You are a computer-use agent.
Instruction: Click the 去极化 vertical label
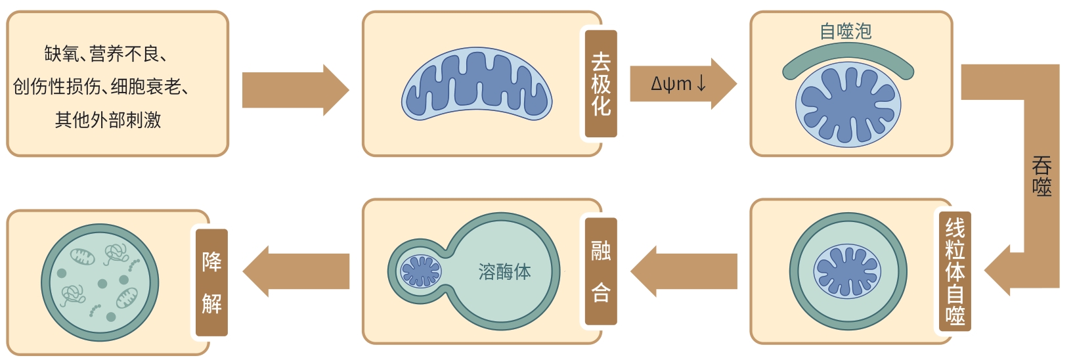pos(601,83)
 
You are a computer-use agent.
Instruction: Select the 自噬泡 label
pos(846,31)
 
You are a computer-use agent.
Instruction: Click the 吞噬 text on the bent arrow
pos(1041,176)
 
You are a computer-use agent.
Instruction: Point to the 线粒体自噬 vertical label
pos(955,272)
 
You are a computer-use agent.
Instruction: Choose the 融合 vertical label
pos(601,271)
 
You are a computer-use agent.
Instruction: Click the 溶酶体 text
pos(504,271)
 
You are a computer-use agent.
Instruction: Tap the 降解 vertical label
pos(211,282)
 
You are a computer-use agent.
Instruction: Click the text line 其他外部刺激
pos(108,120)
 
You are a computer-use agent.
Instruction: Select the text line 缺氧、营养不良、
pos(105,54)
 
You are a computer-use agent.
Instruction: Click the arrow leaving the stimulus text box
pos(295,90)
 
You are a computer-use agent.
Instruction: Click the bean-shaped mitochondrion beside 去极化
pos(477,84)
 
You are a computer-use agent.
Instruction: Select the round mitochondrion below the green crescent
pos(848,105)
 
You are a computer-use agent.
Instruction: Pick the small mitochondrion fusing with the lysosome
pos(421,271)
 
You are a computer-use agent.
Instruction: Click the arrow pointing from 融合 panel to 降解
pos(295,271)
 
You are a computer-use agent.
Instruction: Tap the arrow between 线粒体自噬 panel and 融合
pos(683,271)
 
